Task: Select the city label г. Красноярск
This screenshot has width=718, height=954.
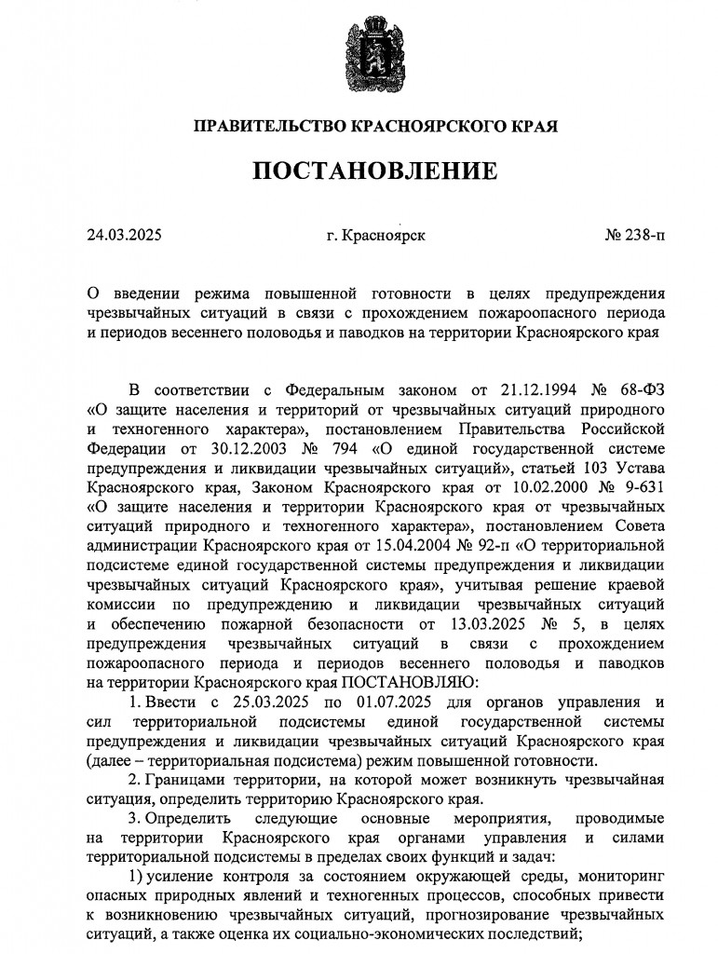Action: (376, 235)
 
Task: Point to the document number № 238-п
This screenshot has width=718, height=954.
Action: (634, 235)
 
